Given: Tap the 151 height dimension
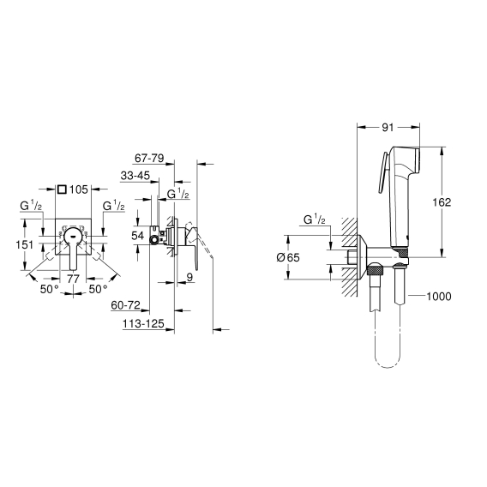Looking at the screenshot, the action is (x=25, y=244).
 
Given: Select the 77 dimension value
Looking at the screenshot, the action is (x=74, y=279).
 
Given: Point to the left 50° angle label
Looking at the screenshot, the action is (x=50, y=289).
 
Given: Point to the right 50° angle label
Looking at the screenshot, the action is (x=98, y=289).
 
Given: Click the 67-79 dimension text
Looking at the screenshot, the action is (x=149, y=159).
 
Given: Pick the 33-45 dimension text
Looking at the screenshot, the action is (x=135, y=176).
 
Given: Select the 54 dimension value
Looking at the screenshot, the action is (x=137, y=236).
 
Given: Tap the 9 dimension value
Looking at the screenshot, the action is (x=189, y=277).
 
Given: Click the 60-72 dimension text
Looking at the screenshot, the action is (x=125, y=305).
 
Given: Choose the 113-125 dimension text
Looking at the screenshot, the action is (x=143, y=323).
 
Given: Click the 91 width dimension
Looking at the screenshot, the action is (x=388, y=128).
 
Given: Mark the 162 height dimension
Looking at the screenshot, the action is (x=442, y=202).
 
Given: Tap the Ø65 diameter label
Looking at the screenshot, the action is (x=288, y=257).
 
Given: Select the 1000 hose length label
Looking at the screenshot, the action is (x=438, y=297).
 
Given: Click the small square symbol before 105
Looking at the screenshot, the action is (x=62, y=189).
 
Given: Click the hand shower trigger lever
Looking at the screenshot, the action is (x=382, y=173).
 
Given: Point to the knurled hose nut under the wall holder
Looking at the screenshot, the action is (x=376, y=269).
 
